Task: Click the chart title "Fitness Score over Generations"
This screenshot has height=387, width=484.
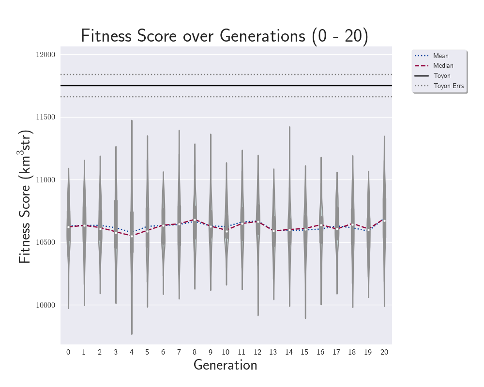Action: pos(224,36)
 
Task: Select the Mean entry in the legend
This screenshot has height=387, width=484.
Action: pos(440,56)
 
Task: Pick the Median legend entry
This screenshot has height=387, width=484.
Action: pos(443,66)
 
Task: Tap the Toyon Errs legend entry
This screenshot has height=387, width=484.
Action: pos(449,86)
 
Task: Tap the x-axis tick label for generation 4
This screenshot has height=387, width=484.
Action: pos(131,352)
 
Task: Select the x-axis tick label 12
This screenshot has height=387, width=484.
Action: pos(257,352)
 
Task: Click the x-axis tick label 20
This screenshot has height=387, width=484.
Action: pos(384,352)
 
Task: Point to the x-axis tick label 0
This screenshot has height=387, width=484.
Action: pos(68,352)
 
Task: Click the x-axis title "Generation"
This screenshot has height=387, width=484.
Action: pos(225,365)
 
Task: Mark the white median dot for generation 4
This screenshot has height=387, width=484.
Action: pos(132,236)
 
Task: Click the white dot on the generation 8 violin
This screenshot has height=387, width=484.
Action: pos(195,220)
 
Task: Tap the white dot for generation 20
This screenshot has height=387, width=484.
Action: pos(384,221)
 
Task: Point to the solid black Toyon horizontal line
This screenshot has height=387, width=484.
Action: pos(226,86)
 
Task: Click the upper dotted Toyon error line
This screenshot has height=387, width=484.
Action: pos(226,74)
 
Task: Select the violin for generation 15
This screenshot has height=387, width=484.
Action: pos(305,232)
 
